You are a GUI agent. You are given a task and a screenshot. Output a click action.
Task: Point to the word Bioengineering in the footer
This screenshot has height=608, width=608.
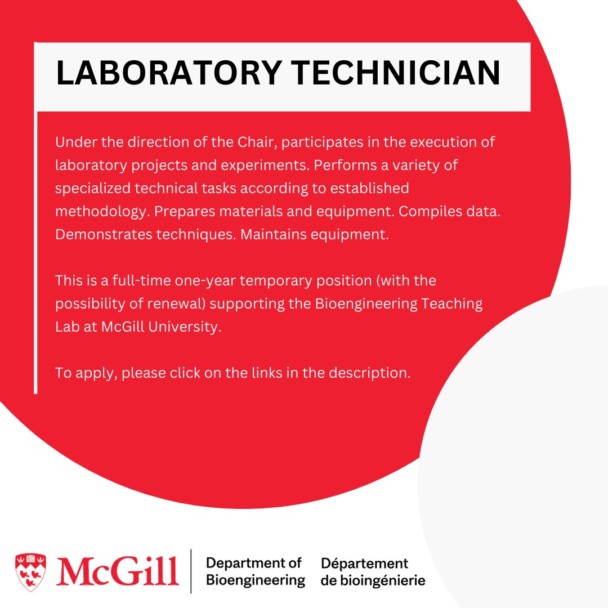coord(256,580)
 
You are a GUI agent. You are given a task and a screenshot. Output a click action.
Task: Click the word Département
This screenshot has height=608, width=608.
coord(364,563)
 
